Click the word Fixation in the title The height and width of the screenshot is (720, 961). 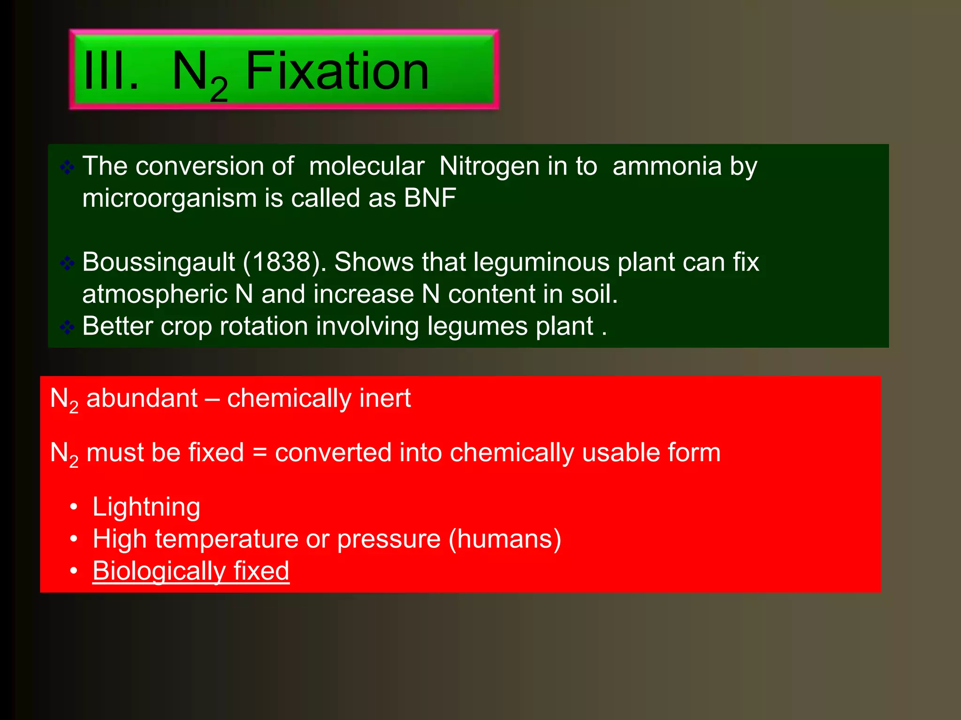pyautogui.click(x=337, y=71)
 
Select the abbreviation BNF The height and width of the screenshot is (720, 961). pyautogui.click(x=430, y=198)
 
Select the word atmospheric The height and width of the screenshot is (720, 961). pyautogui.click(x=155, y=294)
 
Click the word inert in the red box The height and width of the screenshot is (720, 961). pyautogui.click(x=385, y=398)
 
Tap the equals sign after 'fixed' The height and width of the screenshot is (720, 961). pyautogui.click(x=259, y=453)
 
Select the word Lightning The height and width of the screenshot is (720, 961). pyautogui.click(x=146, y=507)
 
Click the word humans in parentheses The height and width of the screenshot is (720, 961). pyautogui.click(x=505, y=539)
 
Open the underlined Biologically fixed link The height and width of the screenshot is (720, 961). pyautogui.click(x=191, y=571)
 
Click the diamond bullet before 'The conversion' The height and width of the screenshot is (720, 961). pyautogui.click(x=67, y=167)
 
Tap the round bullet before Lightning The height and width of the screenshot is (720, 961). pyautogui.click(x=73, y=507)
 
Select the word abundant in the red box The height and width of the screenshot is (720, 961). pyautogui.click(x=142, y=398)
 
